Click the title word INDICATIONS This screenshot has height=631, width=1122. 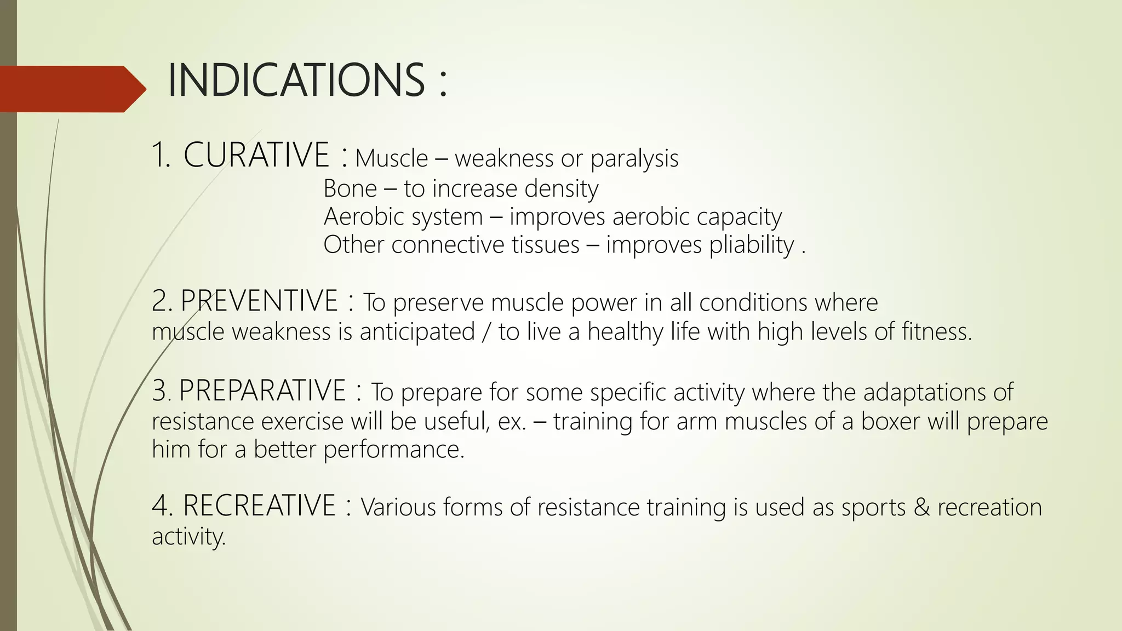(x=296, y=81)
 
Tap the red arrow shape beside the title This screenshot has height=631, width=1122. (x=71, y=89)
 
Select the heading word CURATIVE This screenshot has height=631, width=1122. (x=256, y=155)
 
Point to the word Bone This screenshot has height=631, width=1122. (x=350, y=189)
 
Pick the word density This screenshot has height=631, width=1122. (x=561, y=189)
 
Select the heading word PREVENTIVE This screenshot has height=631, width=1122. (x=259, y=301)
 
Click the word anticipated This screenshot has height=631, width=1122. (x=417, y=332)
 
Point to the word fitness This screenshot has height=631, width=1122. (x=936, y=332)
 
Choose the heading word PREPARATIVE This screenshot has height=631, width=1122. (x=262, y=391)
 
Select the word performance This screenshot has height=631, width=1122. (x=393, y=450)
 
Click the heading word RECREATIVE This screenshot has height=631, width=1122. (x=259, y=506)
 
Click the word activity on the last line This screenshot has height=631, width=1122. (x=188, y=536)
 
